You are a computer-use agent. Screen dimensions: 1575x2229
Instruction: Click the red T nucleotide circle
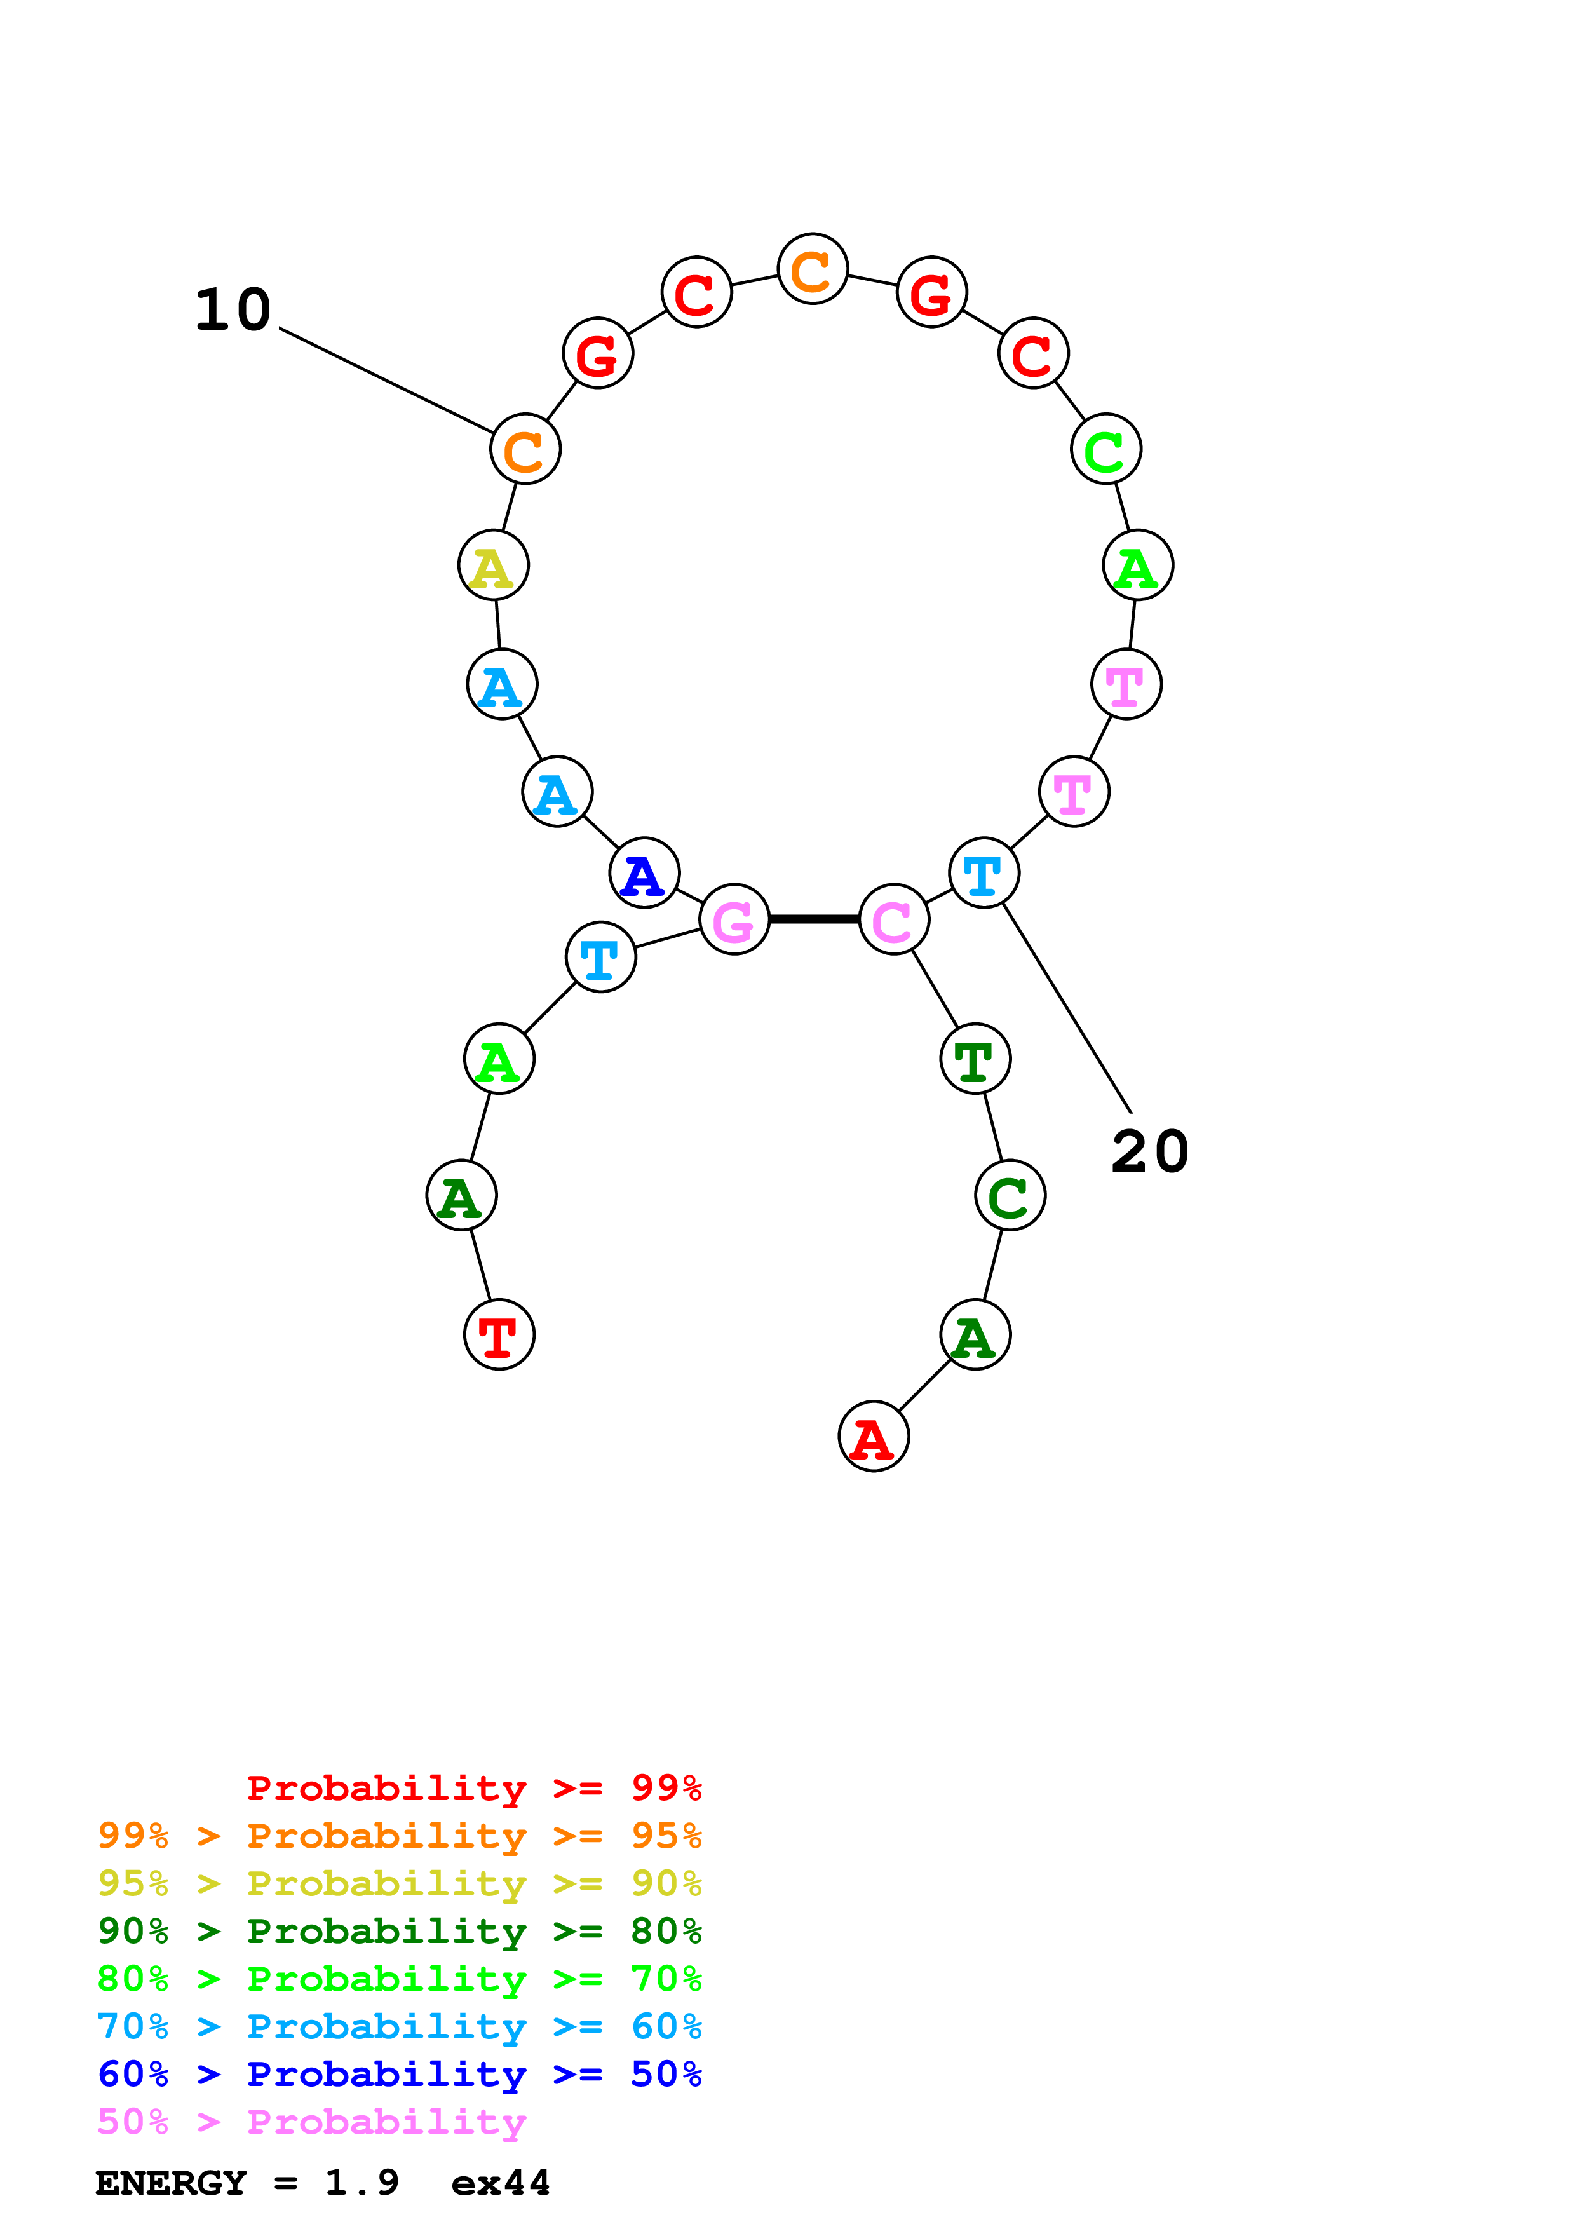[499, 1336]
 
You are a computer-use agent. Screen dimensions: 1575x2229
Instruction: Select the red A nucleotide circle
[874, 1437]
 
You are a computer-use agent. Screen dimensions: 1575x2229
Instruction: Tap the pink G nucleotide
[734, 919]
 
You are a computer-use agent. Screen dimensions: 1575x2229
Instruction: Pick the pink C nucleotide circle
[894, 919]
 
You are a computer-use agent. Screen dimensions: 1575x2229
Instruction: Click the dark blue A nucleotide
[644, 873]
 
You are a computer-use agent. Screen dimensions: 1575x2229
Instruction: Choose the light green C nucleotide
[1106, 449]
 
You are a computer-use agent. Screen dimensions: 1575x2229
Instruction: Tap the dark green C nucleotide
[1010, 1195]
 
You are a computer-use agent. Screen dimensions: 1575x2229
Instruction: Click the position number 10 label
[233, 311]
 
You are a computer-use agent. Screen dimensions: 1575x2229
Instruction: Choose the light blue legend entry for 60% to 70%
[399, 2026]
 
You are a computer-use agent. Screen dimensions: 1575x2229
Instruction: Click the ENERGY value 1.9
[361, 2183]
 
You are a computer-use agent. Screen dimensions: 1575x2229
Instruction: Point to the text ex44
[501, 2183]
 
